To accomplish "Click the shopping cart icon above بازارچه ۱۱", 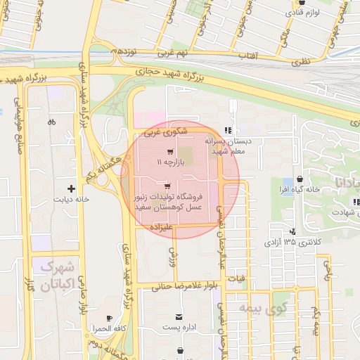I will point(169,151).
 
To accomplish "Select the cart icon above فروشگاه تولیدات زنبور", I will point(167,186).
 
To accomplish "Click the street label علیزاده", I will point(161,227).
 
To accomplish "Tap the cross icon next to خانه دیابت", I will point(71,188).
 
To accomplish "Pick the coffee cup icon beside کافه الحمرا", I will point(108,319).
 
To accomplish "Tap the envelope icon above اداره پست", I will point(181,317).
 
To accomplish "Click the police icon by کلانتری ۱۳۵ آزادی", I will point(292,231).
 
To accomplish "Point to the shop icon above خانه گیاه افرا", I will point(300,179).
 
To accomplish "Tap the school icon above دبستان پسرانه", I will point(226,130).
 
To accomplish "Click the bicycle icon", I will point(51,122).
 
